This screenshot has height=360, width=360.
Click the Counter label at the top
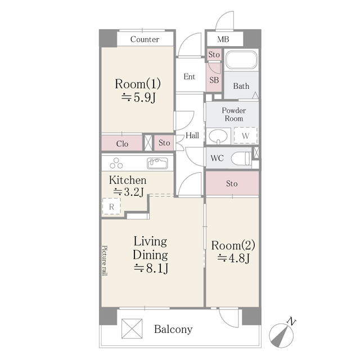pyautogui.click(x=145, y=39)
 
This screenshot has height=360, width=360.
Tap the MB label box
pyautogui.click(x=223, y=39)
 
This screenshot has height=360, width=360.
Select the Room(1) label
pyautogui.click(x=138, y=84)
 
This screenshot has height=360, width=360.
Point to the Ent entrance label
pyautogui.click(x=190, y=76)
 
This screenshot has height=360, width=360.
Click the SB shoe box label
pyautogui.click(x=214, y=80)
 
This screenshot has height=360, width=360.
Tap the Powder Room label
pyautogui.click(x=233, y=115)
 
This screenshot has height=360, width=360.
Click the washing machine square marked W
pyautogui.click(x=245, y=136)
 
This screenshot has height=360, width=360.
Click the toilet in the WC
pyautogui.click(x=240, y=158)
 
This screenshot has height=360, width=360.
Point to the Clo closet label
pyautogui.click(x=122, y=143)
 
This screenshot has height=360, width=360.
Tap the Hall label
pyautogui.click(x=192, y=136)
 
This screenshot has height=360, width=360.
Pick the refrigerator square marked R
pyautogui.click(x=111, y=207)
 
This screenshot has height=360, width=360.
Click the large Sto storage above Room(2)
pyautogui.click(x=232, y=184)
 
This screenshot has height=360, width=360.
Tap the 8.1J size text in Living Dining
pyautogui.click(x=150, y=268)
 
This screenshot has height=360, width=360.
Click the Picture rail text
pyautogui.click(x=105, y=260)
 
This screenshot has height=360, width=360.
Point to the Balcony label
pyautogui.click(x=173, y=330)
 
